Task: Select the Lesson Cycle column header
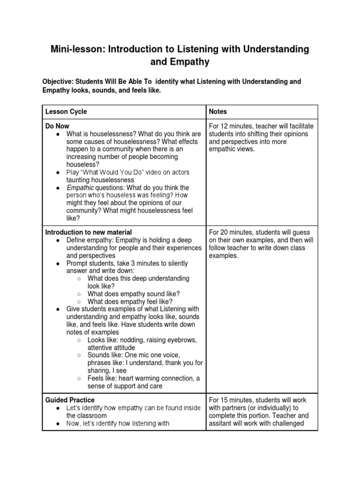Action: tap(66, 112)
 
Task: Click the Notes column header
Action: tap(218, 112)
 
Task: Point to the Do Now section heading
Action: tap(57, 127)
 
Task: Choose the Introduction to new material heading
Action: tap(88, 232)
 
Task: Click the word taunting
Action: tap(78, 180)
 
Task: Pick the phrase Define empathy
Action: tap(89, 240)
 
